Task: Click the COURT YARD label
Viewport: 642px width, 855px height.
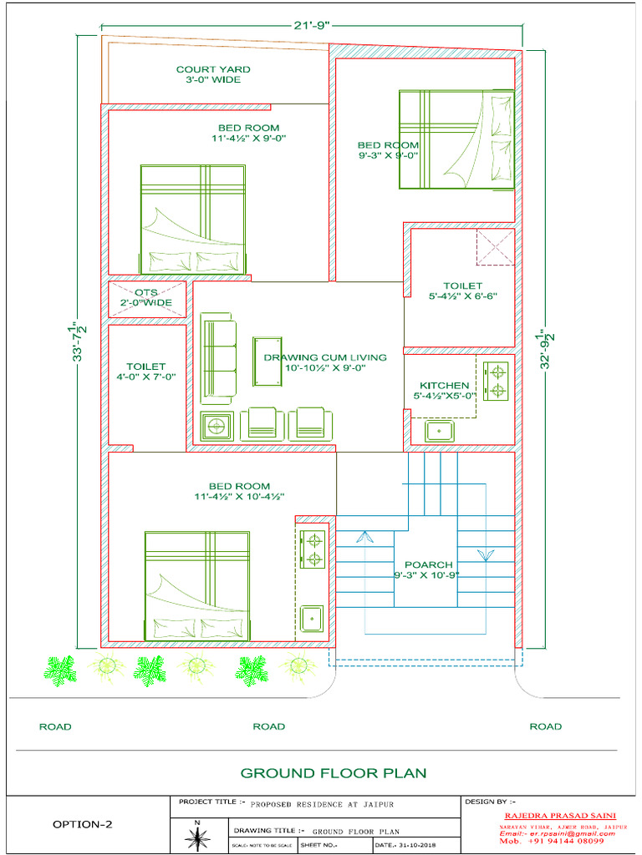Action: click(212, 74)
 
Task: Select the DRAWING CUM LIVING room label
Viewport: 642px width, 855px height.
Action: click(325, 362)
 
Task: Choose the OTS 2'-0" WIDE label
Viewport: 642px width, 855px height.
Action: click(147, 297)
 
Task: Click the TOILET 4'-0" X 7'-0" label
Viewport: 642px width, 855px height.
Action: click(146, 372)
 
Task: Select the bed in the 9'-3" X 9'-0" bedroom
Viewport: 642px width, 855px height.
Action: click(456, 140)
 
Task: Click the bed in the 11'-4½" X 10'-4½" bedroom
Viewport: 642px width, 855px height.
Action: click(197, 585)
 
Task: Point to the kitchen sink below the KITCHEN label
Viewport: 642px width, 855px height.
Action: click(440, 431)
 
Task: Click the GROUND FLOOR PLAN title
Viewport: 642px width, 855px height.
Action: click(334, 773)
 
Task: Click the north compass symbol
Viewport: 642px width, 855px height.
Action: click(197, 837)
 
